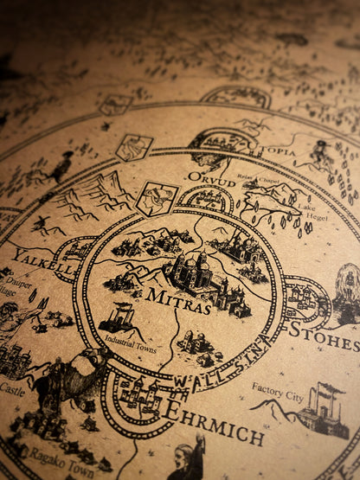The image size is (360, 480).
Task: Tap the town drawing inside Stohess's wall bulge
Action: click(303, 298)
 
